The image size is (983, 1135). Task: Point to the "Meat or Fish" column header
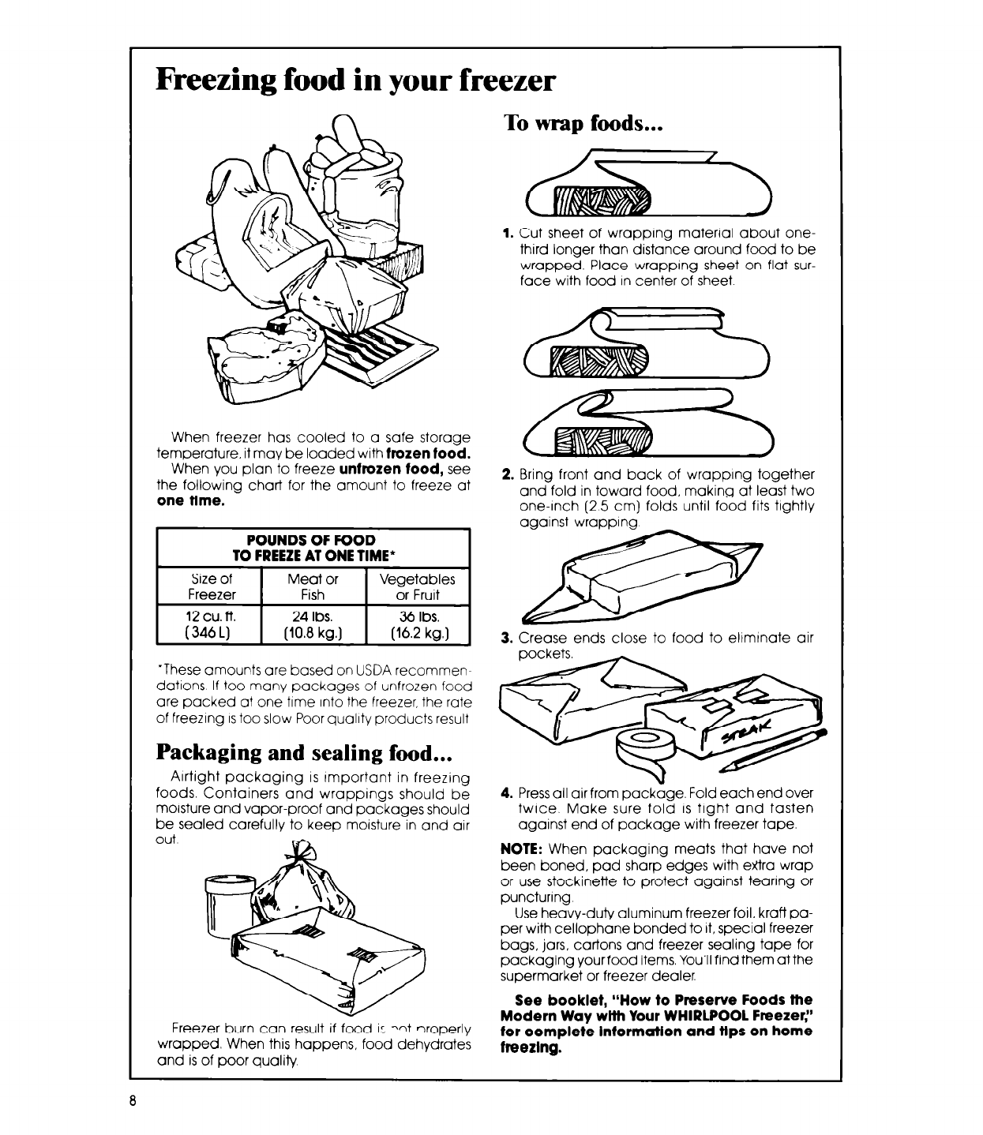(x=313, y=586)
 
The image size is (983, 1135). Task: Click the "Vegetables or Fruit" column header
(x=418, y=586)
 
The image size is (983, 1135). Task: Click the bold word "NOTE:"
(x=522, y=849)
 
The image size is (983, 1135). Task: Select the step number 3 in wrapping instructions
(x=508, y=638)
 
